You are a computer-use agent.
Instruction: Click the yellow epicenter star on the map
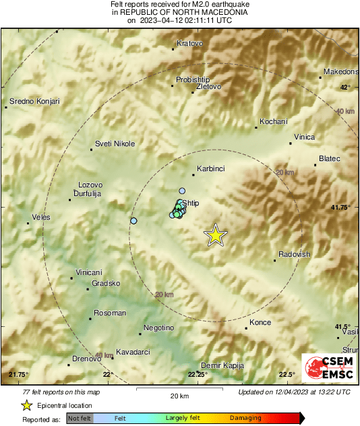click(x=215, y=235)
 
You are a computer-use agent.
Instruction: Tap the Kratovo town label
click(x=189, y=44)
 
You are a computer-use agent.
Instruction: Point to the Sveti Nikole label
click(x=115, y=144)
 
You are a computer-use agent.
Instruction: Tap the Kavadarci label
click(x=132, y=352)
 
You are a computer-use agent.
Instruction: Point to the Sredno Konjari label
click(x=34, y=102)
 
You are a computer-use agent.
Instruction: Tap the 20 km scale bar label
click(x=179, y=396)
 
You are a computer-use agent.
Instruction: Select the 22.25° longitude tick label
click(x=198, y=375)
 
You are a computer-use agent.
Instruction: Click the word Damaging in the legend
click(x=245, y=418)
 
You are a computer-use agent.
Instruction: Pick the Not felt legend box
click(x=80, y=418)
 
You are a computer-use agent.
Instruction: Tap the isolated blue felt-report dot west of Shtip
click(x=133, y=221)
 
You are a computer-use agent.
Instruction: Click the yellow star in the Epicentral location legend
click(x=26, y=406)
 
